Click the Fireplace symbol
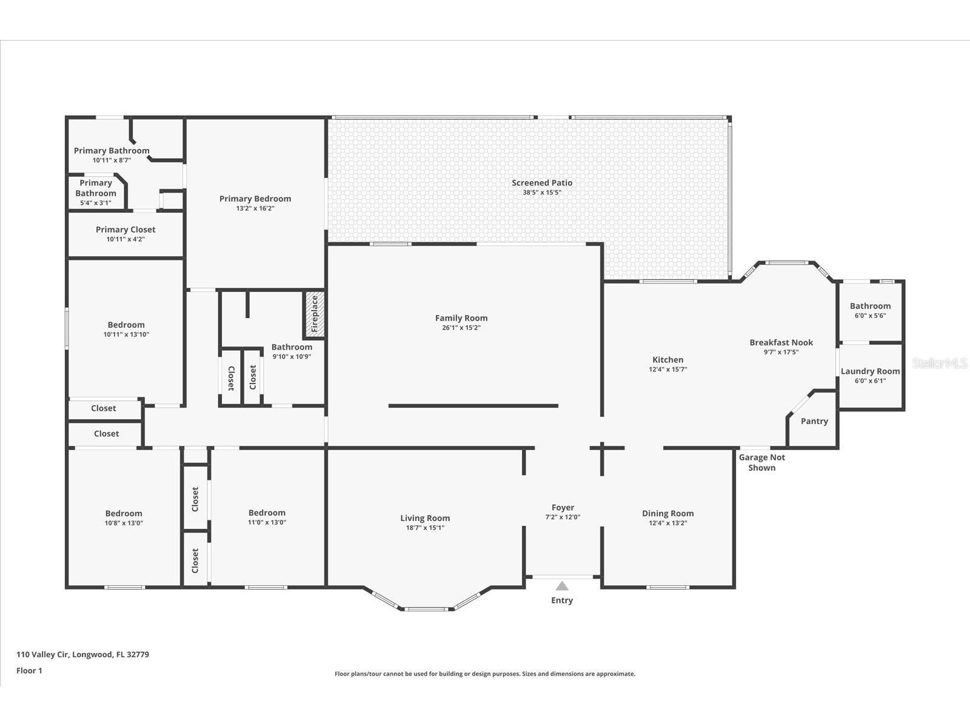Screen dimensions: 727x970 click(x=314, y=314)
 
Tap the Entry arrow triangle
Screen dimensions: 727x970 click(x=562, y=586)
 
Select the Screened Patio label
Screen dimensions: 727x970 click(x=541, y=182)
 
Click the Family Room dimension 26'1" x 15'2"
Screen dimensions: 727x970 click(x=461, y=328)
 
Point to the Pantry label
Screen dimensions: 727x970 click(x=814, y=421)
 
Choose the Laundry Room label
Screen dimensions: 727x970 click(x=870, y=371)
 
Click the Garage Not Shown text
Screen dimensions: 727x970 click(x=761, y=462)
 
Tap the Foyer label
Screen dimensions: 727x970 click(x=563, y=508)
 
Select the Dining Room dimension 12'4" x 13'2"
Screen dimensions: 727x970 click(x=667, y=523)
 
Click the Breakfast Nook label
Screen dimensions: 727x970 click(x=781, y=342)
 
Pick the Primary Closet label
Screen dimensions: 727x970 click(x=125, y=230)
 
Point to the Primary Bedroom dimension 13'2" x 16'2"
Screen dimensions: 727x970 click(x=255, y=208)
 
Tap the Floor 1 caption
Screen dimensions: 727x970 click(x=29, y=671)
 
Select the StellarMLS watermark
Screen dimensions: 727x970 click(x=940, y=363)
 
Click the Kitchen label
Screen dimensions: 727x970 click(x=667, y=360)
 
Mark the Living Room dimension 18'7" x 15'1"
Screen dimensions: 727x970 click(x=424, y=528)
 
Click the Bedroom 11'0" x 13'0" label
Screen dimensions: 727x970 click(x=267, y=513)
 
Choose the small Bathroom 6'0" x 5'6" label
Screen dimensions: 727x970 click(x=870, y=306)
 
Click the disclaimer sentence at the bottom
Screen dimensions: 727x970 click(x=485, y=674)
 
